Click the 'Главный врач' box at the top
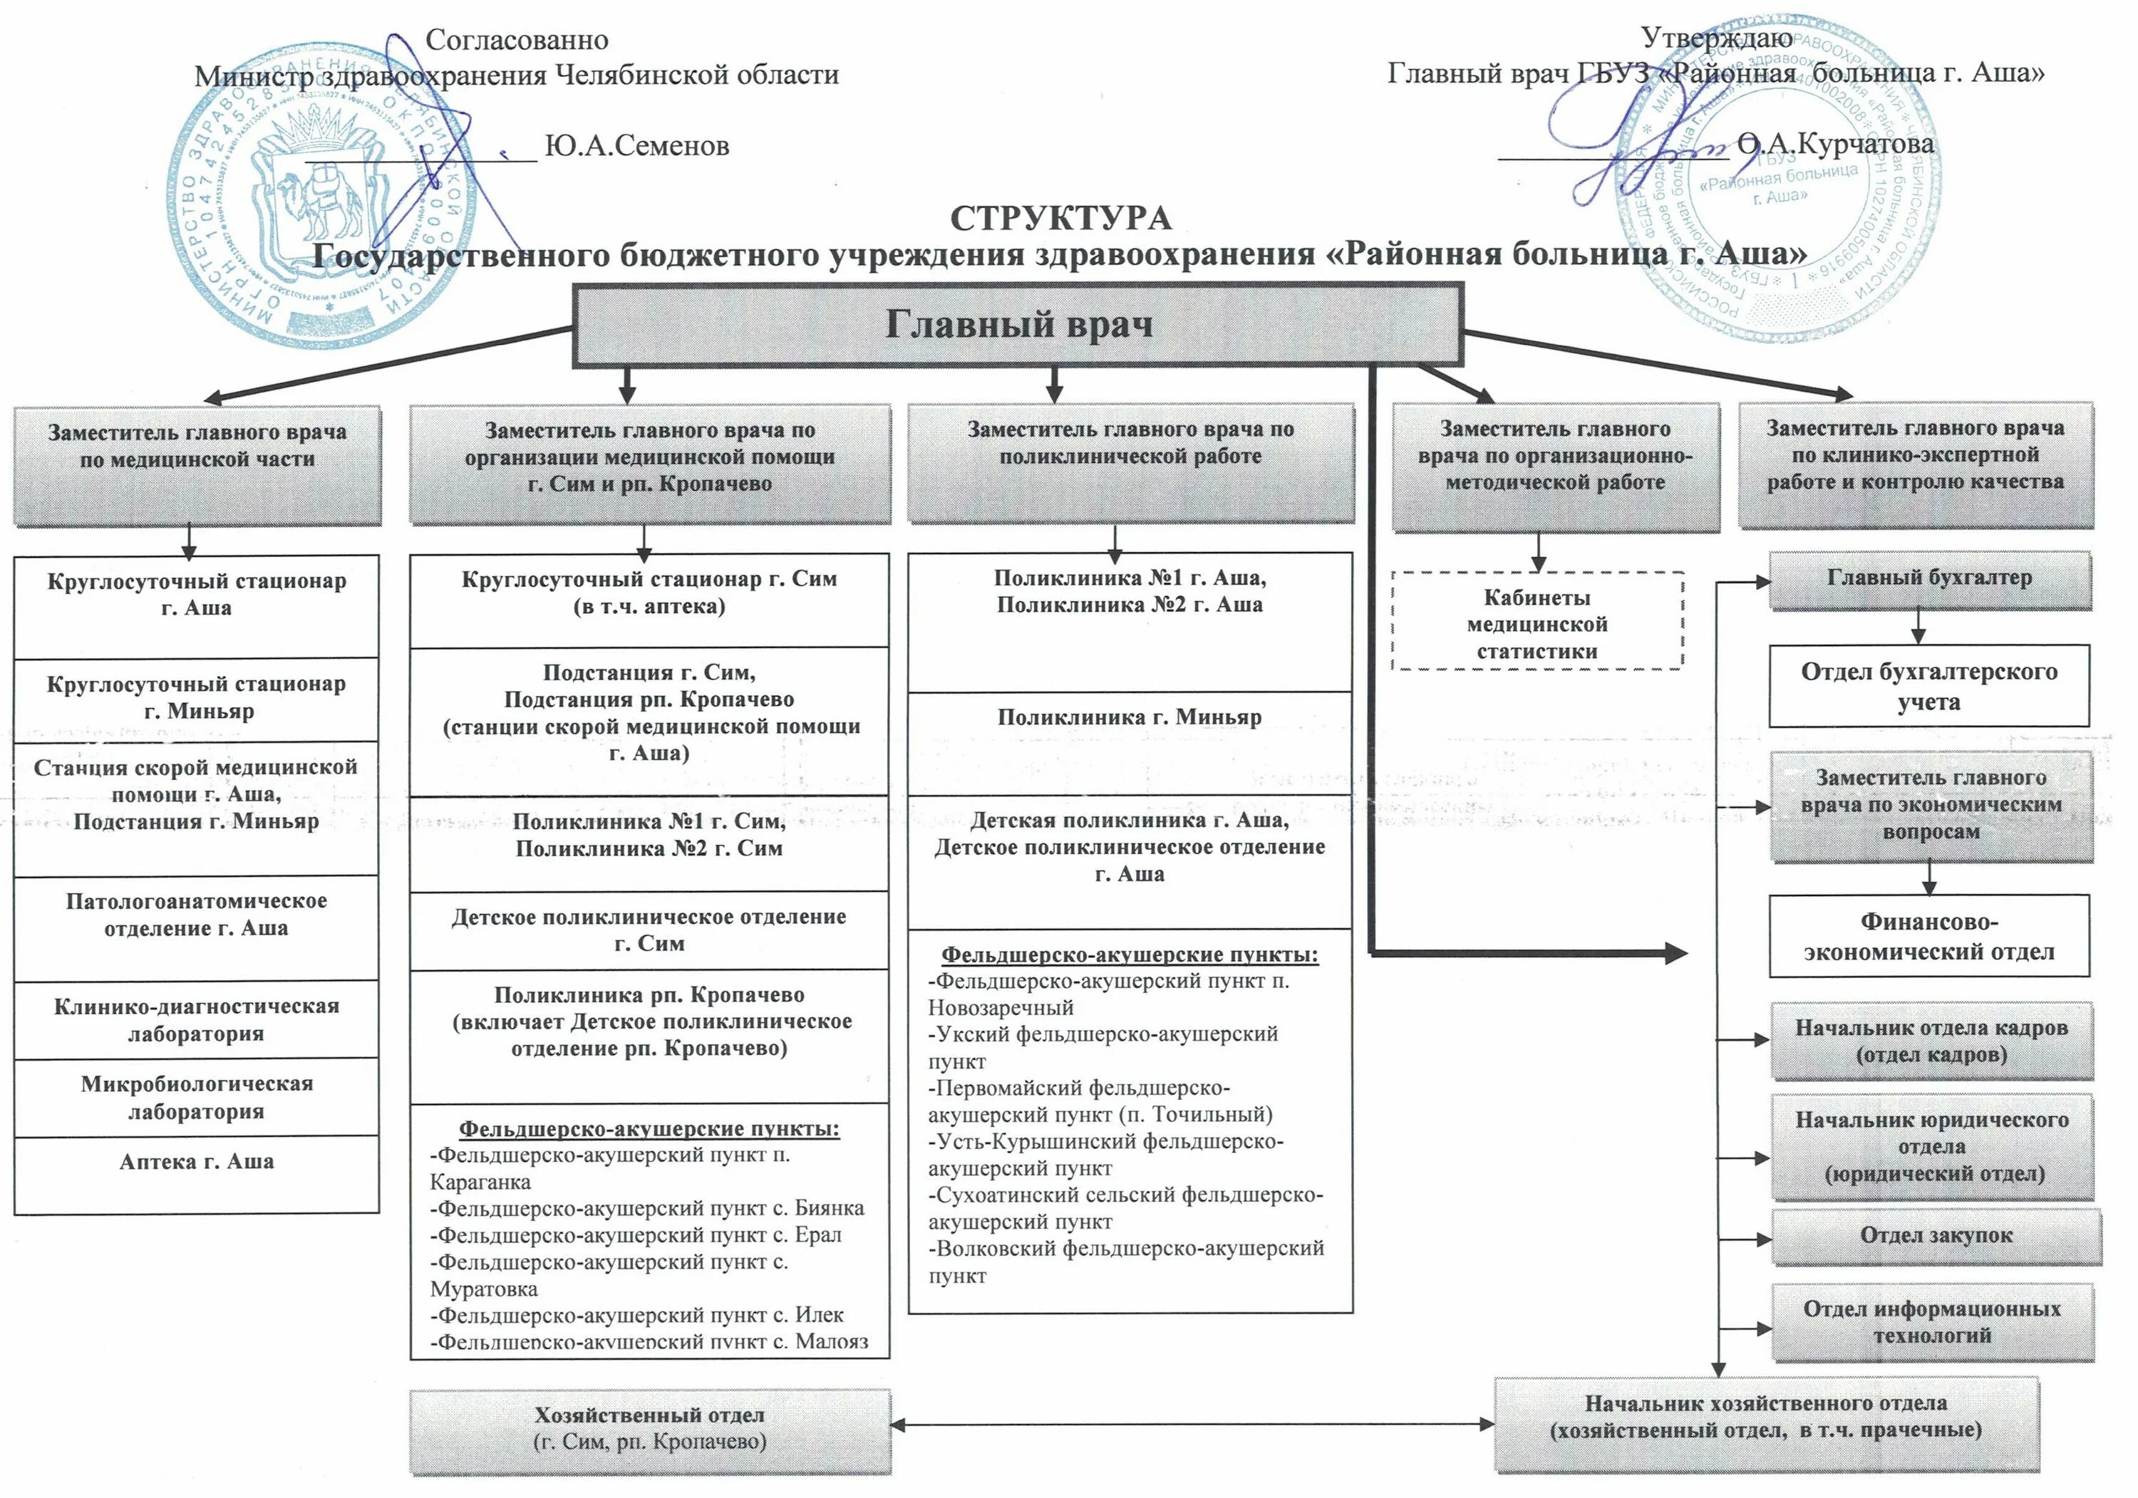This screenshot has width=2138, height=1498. click(1017, 325)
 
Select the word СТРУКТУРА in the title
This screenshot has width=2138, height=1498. click(1060, 218)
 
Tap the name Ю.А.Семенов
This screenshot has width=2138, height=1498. click(637, 145)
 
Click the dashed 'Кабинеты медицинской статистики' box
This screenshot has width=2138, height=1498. click(1537, 623)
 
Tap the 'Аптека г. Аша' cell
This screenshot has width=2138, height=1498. click(197, 1172)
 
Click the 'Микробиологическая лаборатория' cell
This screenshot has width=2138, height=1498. click(197, 1097)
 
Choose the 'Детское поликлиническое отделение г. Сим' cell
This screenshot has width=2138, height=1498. click(649, 930)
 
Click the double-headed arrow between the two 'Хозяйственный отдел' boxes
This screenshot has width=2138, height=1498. click(1192, 1423)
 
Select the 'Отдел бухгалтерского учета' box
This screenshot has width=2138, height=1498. click(1928, 685)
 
